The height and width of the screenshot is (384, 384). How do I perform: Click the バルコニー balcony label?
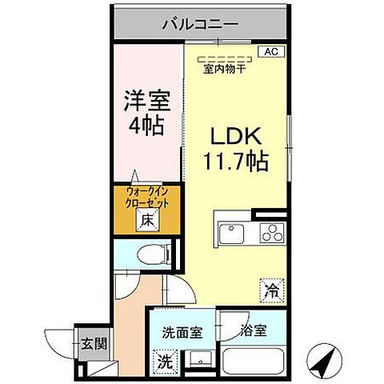(x=199, y=25)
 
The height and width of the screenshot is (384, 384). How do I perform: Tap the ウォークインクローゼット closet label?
(x=146, y=198)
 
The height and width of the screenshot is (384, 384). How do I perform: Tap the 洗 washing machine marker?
(x=163, y=362)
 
